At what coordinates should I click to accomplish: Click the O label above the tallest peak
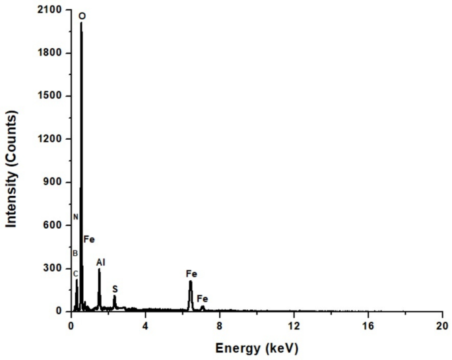(x=81, y=15)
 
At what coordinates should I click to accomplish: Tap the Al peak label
(x=101, y=262)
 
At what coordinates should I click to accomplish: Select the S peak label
(x=115, y=289)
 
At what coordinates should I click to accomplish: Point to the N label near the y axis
(x=76, y=217)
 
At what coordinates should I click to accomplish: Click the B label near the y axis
(x=75, y=253)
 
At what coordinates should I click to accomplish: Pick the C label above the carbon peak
(x=75, y=274)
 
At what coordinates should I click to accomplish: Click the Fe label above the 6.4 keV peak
(x=191, y=273)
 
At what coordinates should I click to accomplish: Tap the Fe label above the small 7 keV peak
(x=203, y=299)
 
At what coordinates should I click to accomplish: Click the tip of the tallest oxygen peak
(x=81, y=23)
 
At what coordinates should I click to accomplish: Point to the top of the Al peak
(x=100, y=269)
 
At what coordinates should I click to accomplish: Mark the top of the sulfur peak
(x=114, y=296)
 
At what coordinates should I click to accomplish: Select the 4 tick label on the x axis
(x=145, y=324)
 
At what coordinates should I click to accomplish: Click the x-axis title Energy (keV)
(x=257, y=347)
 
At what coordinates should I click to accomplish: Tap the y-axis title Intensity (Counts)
(x=11, y=169)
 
